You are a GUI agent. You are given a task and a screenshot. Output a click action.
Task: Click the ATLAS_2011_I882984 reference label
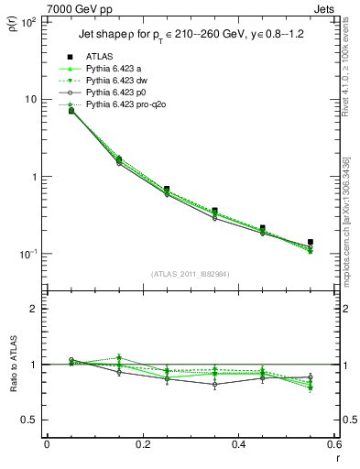point(191,273)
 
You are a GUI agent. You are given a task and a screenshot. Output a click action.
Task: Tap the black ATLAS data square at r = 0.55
point(311,243)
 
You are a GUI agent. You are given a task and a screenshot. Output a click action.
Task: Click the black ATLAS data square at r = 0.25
point(167,189)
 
